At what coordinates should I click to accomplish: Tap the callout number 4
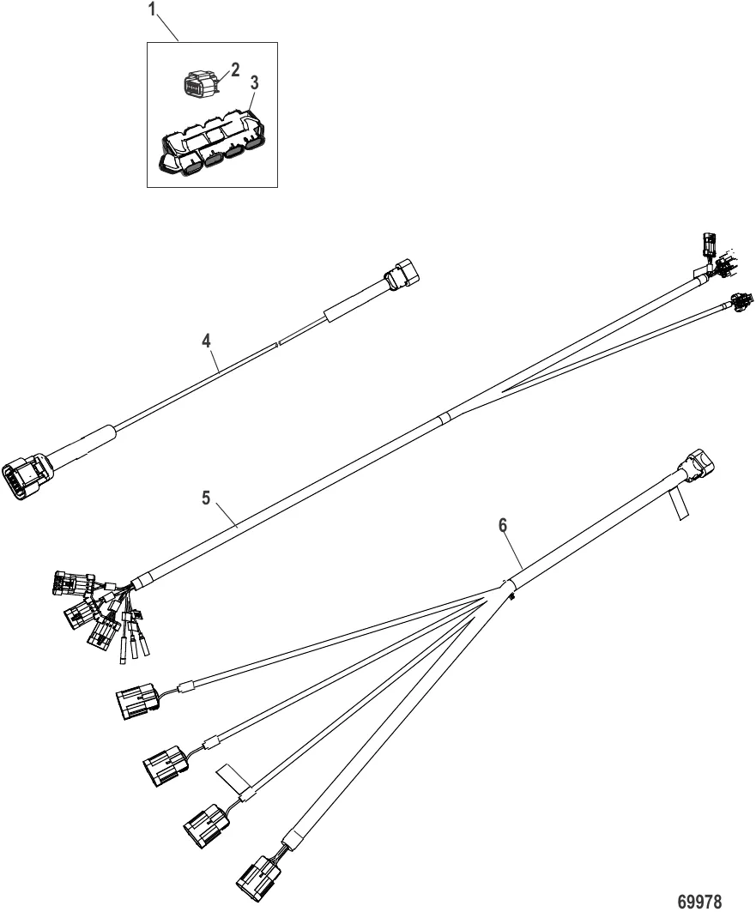point(205,340)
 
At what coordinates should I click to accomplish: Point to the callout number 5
point(206,498)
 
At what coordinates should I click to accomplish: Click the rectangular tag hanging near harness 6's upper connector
point(677,506)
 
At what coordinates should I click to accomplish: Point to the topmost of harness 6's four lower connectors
point(136,701)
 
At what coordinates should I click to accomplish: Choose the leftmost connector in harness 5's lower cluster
point(66,583)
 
